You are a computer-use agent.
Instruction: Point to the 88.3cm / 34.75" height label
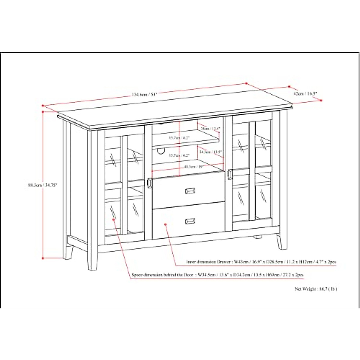(41, 185)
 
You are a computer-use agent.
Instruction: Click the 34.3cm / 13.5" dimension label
(211, 152)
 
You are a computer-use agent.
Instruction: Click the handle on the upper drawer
(190, 191)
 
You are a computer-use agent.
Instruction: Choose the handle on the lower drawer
(190, 221)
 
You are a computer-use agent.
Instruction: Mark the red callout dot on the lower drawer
(165, 223)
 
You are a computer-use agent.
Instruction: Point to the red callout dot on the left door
(114, 220)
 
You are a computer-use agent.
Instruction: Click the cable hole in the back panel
(161, 152)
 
